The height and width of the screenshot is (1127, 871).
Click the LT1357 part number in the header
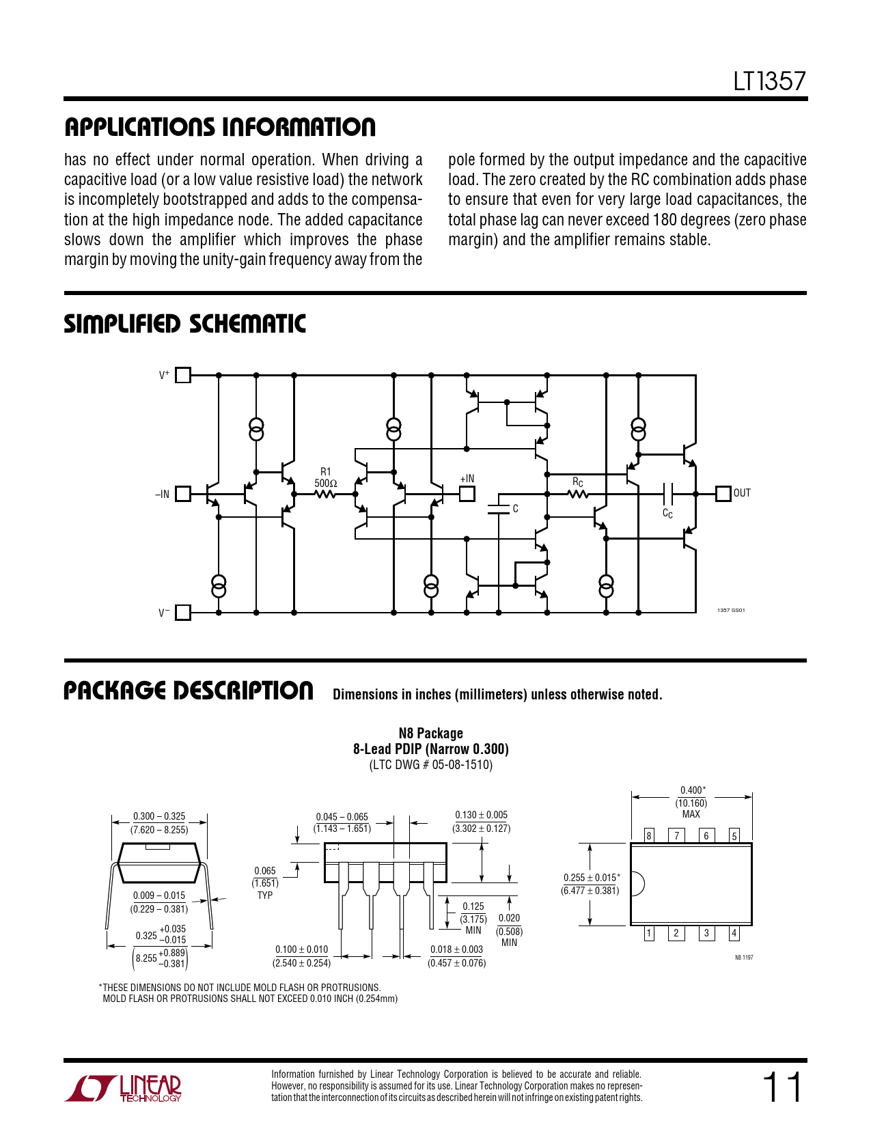(x=769, y=81)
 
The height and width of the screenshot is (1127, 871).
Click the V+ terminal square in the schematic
(x=182, y=375)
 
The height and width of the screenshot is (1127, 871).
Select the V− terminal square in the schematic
(x=182, y=613)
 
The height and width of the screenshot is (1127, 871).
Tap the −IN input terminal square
(x=182, y=494)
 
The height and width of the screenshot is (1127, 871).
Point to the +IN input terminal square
(x=467, y=494)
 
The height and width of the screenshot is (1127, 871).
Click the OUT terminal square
(x=723, y=494)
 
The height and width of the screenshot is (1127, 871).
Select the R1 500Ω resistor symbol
(x=325, y=495)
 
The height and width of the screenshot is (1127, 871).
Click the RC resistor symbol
(x=579, y=495)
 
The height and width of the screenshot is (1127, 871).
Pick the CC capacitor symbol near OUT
(x=667, y=494)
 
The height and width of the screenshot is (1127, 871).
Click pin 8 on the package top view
(x=648, y=835)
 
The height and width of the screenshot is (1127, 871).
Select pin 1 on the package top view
(x=648, y=934)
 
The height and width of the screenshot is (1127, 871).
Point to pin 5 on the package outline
(x=734, y=835)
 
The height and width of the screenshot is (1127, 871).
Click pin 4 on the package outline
(x=734, y=934)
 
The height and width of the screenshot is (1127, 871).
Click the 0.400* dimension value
(x=693, y=790)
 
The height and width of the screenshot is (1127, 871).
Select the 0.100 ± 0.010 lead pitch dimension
(x=301, y=949)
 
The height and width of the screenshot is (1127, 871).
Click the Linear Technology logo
(x=122, y=1087)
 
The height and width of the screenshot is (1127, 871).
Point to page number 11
(x=782, y=1087)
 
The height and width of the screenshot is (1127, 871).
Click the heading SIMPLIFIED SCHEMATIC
(x=184, y=324)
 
